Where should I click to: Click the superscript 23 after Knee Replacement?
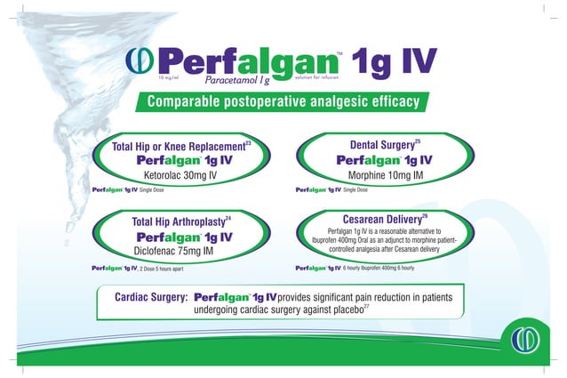(x=248, y=141)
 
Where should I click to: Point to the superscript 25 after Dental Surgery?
(x=418, y=141)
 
